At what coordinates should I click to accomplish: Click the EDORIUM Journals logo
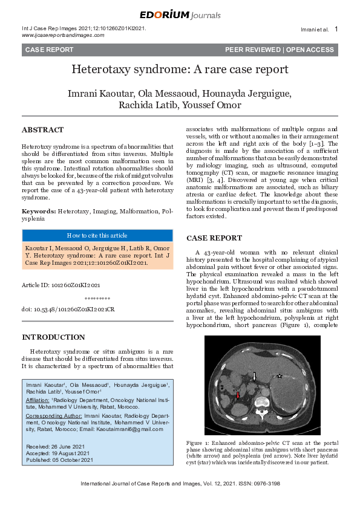point(180,15)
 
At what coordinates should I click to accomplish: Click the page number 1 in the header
point(336,29)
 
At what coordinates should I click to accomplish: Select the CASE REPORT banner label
point(49,50)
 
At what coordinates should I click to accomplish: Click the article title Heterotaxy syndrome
point(180,69)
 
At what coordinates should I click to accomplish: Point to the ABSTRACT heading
point(42,130)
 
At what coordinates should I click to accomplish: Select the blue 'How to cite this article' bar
point(97,236)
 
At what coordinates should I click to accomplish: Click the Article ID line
point(61,284)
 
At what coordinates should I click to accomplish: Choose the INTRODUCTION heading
point(53,337)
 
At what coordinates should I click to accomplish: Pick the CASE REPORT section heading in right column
point(214,238)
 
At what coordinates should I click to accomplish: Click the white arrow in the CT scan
point(255,376)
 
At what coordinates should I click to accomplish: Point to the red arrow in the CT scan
point(238,395)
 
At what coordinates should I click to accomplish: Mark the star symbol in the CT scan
point(280,377)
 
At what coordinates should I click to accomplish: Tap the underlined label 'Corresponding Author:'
point(53,417)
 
